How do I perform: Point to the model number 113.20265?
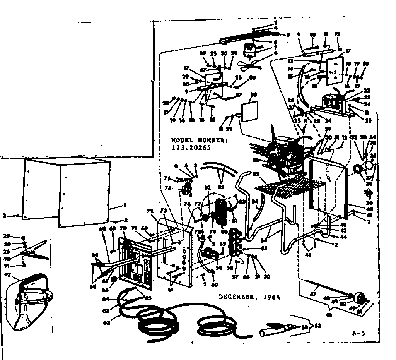pyautogui.click(x=191, y=147)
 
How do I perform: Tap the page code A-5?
pyautogui.click(x=359, y=333)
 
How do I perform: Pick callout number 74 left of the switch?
pyautogui.click(x=179, y=188)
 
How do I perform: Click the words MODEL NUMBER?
pyautogui.click(x=196, y=140)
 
